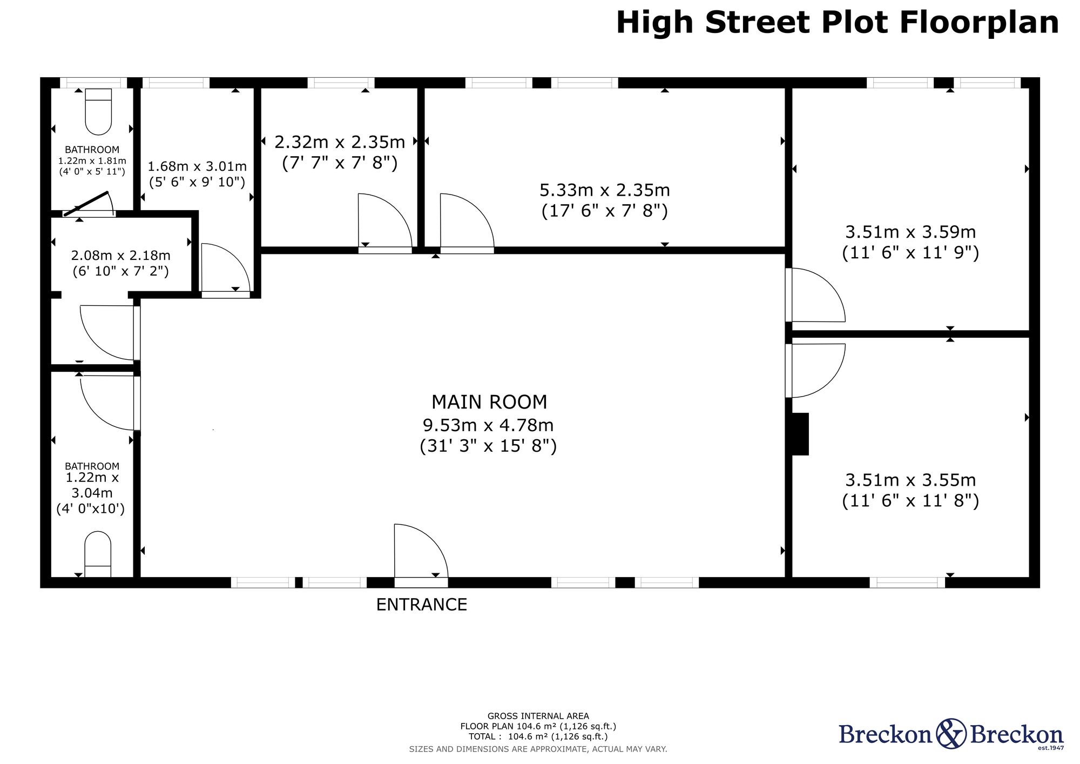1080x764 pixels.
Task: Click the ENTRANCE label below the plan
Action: [x=421, y=604]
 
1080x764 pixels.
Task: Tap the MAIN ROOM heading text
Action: [x=489, y=402]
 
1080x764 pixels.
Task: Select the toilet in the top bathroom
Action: [x=98, y=111]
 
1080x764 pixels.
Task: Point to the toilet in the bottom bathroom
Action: [x=98, y=554]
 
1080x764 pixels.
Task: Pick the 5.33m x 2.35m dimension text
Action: [x=605, y=190]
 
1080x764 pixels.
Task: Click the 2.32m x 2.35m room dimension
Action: [x=340, y=142]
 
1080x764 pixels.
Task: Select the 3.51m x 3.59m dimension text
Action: [x=910, y=232]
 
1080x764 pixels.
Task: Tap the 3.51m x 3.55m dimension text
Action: [x=910, y=480]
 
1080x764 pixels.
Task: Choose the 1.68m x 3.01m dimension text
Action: [x=197, y=166]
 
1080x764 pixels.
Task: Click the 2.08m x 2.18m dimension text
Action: [x=121, y=256]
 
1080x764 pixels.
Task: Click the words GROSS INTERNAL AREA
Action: [x=538, y=716]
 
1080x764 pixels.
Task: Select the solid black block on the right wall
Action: [x=800, y=434]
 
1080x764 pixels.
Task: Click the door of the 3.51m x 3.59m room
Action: [x=815, y=295]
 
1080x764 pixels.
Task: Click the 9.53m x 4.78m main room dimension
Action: [x=488, y=425]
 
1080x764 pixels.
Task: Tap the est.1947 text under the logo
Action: [x=1051, y=748]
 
